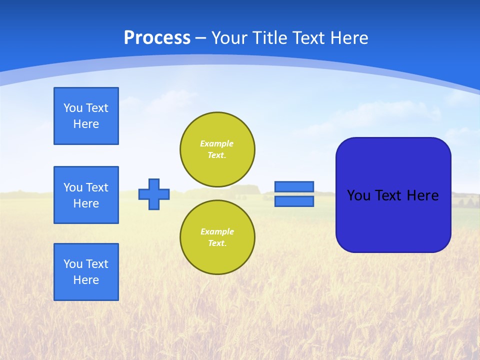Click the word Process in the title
[x=157, y=38]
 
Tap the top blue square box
[x=86, y=116]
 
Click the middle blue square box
[x=86, y=195]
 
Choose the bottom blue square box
[x=86, y=272]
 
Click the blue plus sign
[x=154, y=194]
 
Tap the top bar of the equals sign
[x=294, y=186]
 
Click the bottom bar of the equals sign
[x=294, y=201]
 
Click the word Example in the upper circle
[x=217, y=143]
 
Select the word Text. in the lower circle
[x=217, y=243]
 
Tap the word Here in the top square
[x=86, y=124]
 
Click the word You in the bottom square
[x=73, y=264]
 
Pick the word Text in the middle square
[x=97, y=187]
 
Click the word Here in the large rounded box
[x=422, y=195]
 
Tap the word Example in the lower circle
[x=217, y=231]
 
